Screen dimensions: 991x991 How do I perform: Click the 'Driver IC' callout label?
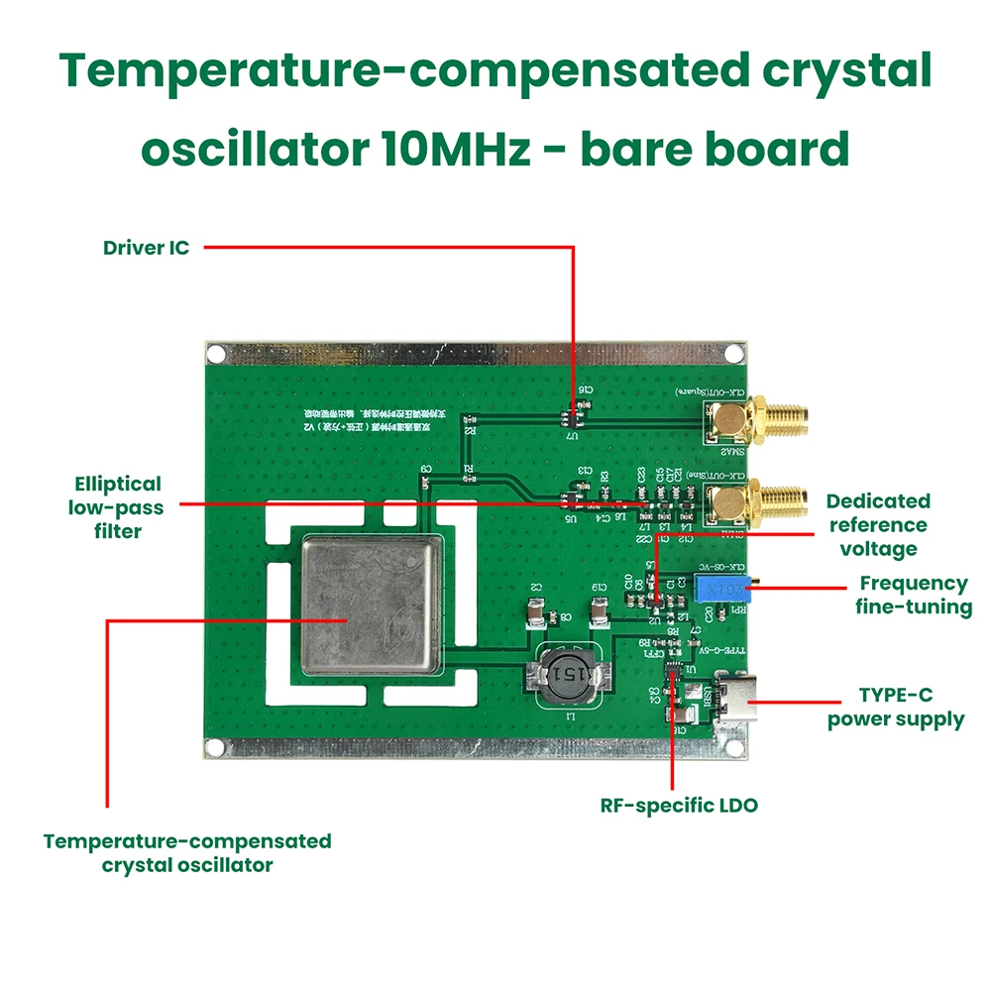[146, 248]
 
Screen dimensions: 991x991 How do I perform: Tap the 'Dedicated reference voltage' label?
[878, 525]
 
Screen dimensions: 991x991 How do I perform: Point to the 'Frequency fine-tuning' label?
[913, 595]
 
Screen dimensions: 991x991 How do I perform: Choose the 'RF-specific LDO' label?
[679, 805]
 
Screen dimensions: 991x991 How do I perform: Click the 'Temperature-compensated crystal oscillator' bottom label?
[187, 852]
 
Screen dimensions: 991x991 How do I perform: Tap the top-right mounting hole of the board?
[733, 354]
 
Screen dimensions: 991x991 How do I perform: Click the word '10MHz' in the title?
[459, 149]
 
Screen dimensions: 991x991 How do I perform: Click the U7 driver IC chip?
[572, 419]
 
